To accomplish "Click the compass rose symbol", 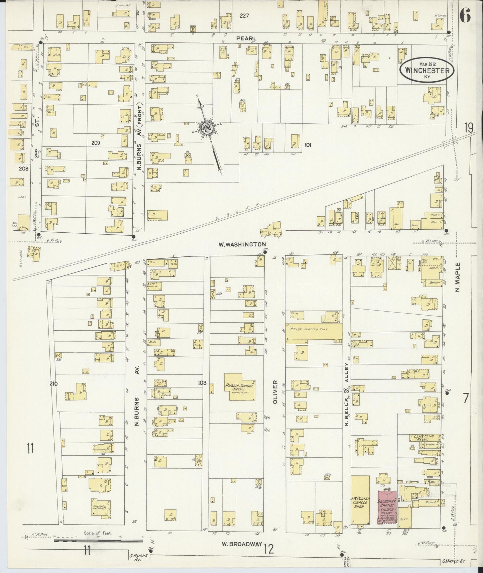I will [207, 128].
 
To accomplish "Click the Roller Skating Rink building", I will [314, 333].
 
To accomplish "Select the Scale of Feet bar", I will [98, 539].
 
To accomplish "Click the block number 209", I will [96, 143].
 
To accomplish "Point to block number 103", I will [202, 383].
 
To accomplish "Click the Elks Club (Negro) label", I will [420, 438].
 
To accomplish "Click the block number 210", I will [53, 383].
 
